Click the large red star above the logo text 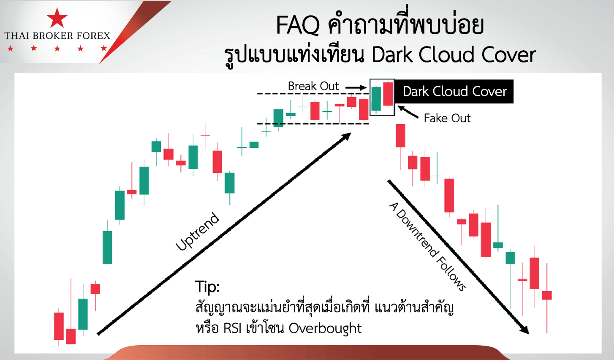pos(57,18)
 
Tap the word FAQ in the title pos(298,26)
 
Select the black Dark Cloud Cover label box pos(454,92)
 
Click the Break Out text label pos(313,86)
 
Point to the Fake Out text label pos(447,118)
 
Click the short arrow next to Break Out pos(356,88)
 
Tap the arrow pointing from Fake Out pos(408,112)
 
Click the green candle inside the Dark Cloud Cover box pos(376,99)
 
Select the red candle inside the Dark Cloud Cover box pos(388,94)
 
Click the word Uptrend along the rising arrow pos(197,232)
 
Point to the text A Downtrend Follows pos(427,247)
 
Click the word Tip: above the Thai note pos(207,287)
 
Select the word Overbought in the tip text pos(325,328)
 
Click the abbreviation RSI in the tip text pos(232,328)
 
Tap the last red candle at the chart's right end pos(547,296)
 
